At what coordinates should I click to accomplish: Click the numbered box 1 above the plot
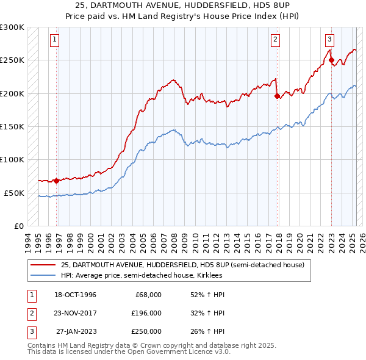click(54, 40)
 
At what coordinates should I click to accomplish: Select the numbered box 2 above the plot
click(275, 40)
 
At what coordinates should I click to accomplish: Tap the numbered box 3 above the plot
click(329, 40)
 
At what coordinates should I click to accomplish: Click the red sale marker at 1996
click(56, 181)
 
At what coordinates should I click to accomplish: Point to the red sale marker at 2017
click(278, 96)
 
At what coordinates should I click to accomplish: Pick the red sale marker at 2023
click(331, 60)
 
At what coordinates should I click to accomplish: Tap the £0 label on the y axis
click(18, 226)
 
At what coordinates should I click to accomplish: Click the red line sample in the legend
click(43, 265)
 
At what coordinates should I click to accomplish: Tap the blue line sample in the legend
click(43, 275)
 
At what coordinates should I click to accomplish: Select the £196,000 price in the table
click(146, 313)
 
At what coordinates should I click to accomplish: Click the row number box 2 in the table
click(30, 313)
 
